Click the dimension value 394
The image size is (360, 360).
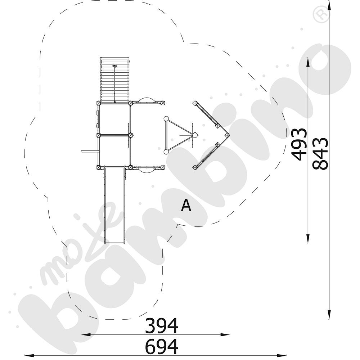(x=161, y=326)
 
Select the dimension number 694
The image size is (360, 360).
(x=161, y=347)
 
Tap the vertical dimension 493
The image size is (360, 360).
(x=300, y=144)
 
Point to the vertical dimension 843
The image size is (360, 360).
(x=320, y=153)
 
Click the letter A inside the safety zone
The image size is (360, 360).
(x=186, y=206)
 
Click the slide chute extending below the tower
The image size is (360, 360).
(x=115, y=205)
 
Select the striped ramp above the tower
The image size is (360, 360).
(x=114, y=79)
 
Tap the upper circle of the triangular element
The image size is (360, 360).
(x=166, y=118)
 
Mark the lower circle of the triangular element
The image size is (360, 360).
(x=166, y=152)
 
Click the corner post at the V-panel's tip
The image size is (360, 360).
(x=227, y=135)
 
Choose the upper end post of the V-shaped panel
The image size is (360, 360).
(x=195, y=103)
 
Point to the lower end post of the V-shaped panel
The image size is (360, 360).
(x=195, y=167)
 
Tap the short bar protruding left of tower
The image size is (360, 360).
(x=89, y=152)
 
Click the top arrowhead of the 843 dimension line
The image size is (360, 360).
(x=329, y=4)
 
